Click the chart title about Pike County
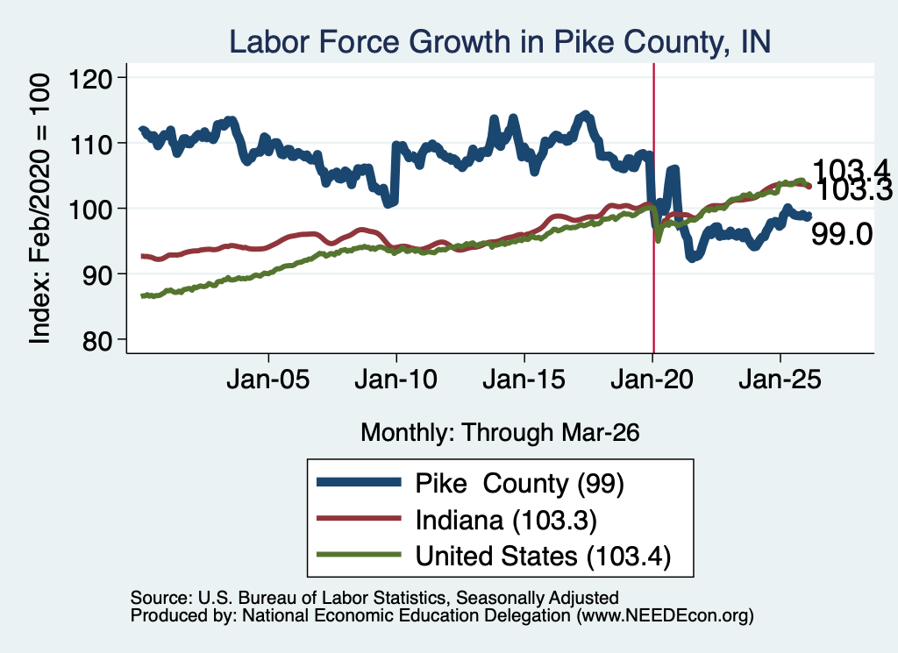(x=500, y=42)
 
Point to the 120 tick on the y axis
(x=90, y=78)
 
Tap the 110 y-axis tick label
(x=90, y=144)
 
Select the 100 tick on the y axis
(x=90, y=209)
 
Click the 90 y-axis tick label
(x=98, y=274)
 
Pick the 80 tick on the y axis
(x=98, y=340)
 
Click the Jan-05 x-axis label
(x=268, y=380)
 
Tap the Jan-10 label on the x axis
(x=396, y=380)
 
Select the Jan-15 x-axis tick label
(x=524, y=380)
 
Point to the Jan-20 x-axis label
(x=652, y=380)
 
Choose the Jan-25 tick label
(x=780, y=380)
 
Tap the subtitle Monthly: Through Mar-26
(x=500, y=433)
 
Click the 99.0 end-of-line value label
(x=842, y=235)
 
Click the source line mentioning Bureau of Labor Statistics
(x=374, y=598)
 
